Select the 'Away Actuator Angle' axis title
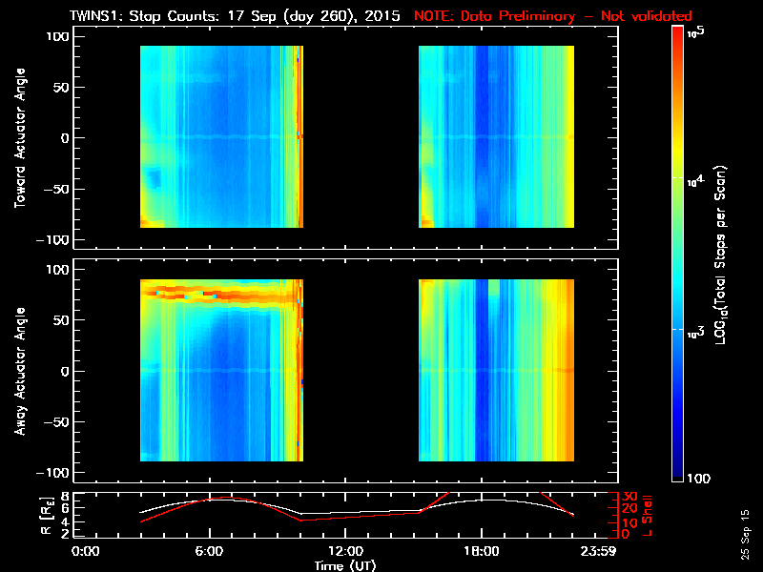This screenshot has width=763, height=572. tap(19, 372)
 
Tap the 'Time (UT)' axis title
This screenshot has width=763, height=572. tap(348, 565)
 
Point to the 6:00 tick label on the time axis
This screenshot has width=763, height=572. tap(209, 552)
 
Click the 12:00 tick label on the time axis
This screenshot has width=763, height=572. tap(344, 552)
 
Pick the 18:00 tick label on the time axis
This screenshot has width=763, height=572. tap(481, 552)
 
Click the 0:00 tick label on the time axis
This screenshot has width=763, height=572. tap(86, 552)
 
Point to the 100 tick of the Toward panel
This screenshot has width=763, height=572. tap(57, 36)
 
